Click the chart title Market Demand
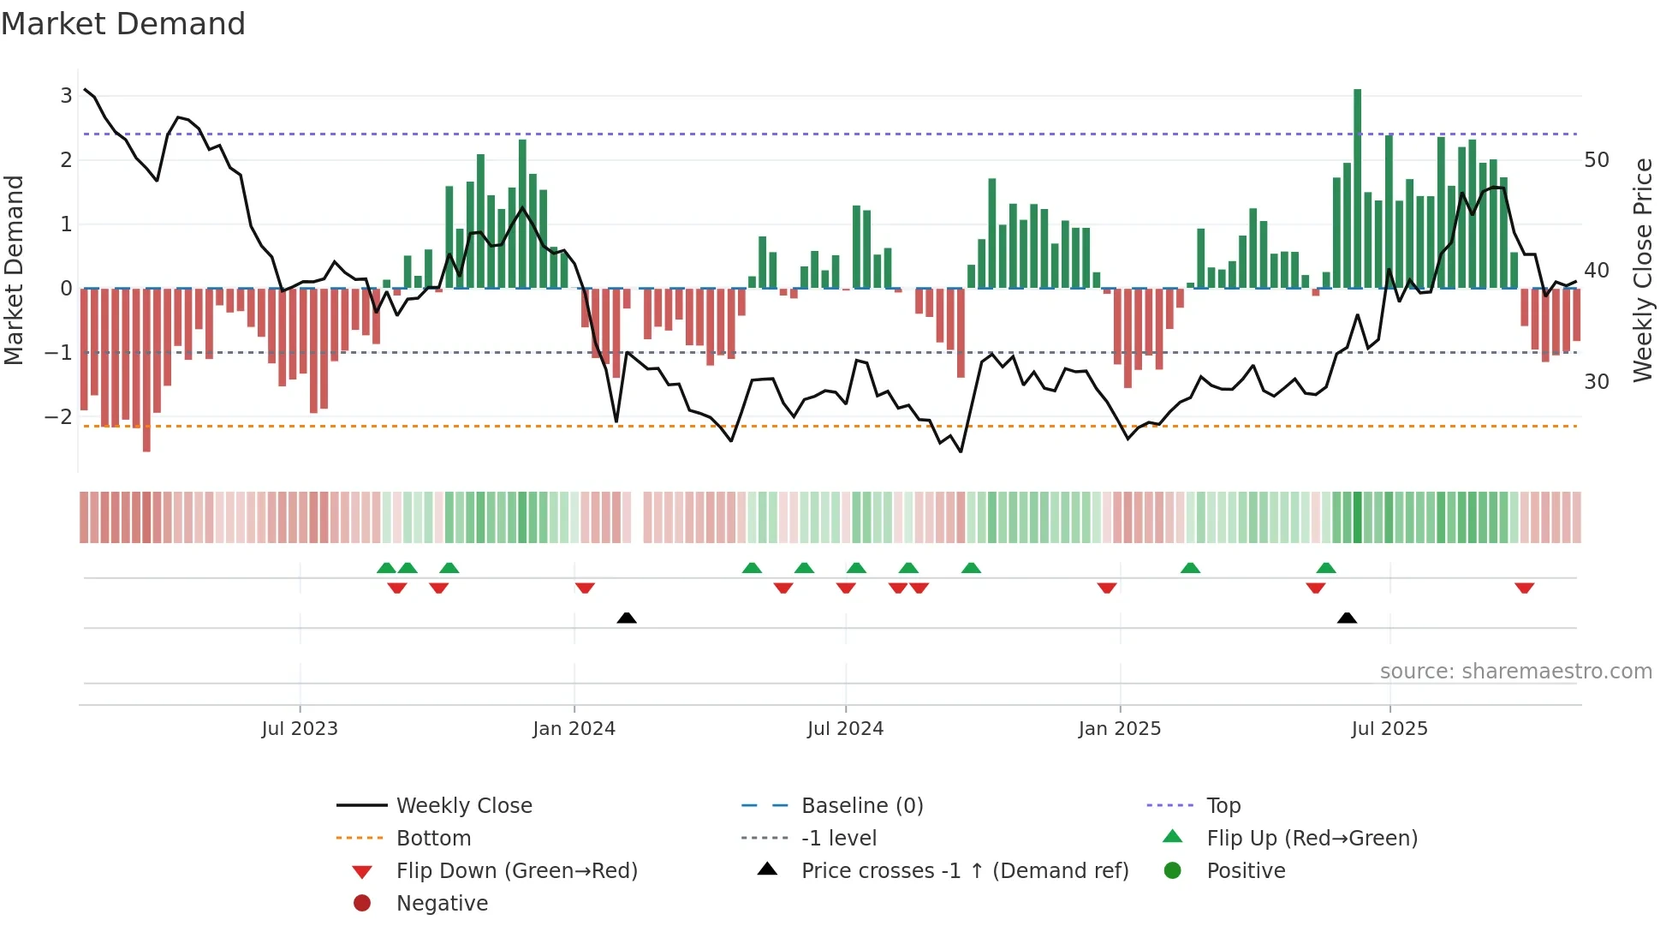[x=123, y=24]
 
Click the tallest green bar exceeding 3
[x=1357, y=188]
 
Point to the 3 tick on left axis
[x=66, y=95]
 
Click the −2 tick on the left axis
[x=59, y=417]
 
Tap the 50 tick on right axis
[x=1597, y=160]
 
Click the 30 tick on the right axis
[x=1597, y=382]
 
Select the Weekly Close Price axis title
[x=1642, y=270]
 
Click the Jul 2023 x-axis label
[x=300, y=729]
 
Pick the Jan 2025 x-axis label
[x=1119, y=729]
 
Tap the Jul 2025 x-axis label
[x=1389, y=729]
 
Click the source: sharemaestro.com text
[x=1515, y=672]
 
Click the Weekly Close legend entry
[x=463, y=806]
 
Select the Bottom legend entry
[x=433, y=839]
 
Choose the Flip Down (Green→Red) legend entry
[x=516, y=871]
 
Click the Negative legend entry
[x=442, y=904]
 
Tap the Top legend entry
[x=1223, y=806]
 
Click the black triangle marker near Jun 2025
[x=1347, y=618]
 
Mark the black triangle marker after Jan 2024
[x=627, y=618]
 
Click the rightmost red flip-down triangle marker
[x=1524, y=589]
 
